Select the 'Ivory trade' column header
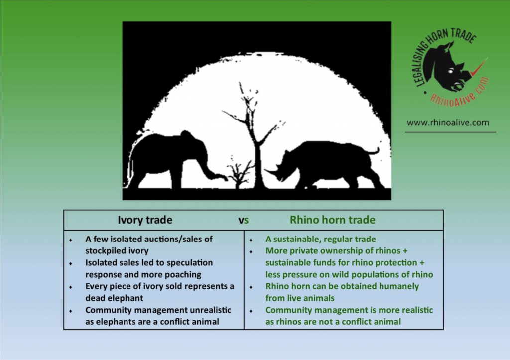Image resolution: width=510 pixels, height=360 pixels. pyautogui.click(x=145, y=220)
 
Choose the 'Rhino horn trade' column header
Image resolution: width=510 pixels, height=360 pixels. pyautogui.click(x=332, y=220)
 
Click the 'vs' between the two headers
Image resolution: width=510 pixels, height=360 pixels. pyautogui.click(x=243, y=220)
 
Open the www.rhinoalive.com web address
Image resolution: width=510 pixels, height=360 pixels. pyautogui.click(x=448, y=122)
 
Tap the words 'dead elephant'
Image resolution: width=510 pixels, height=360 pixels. pyautogui.click(x=114, y=298)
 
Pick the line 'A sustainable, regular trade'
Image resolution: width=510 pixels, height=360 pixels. pyautogui.click(x=320, y=240)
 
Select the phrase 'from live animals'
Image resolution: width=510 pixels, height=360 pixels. pyautogui.click(x=300, y=298)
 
